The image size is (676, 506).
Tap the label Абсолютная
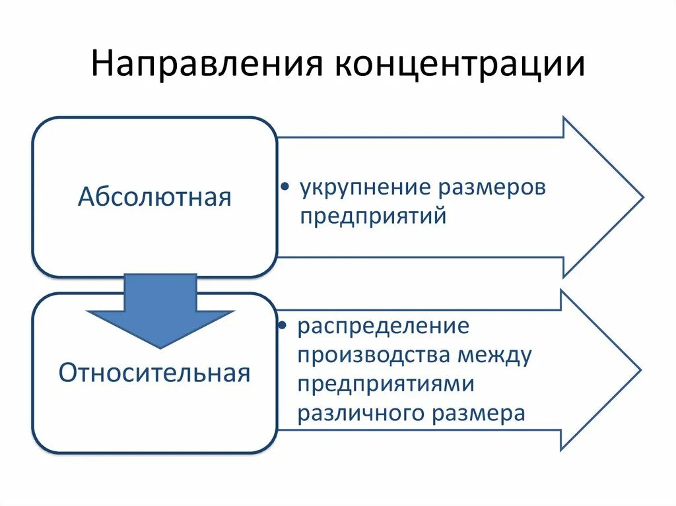point(154,197)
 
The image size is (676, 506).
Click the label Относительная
point(154,373)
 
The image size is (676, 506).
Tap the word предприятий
point(374,216)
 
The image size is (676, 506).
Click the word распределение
point(383,327)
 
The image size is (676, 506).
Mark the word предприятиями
point(386,384)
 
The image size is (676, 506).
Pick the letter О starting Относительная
point(67,373)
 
